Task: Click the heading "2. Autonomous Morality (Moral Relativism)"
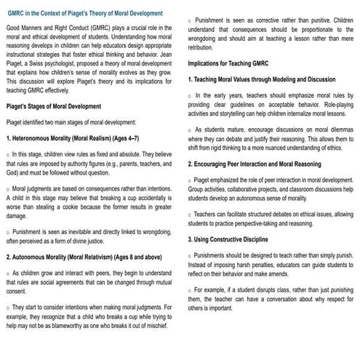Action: tap(80, 257)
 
